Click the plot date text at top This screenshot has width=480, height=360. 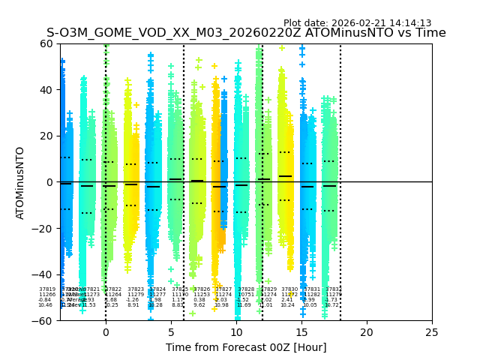click(x=357, y=23)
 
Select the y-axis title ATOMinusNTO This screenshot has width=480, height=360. click(x=20, y=182)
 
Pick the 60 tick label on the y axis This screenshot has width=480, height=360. click(x=46, y=43)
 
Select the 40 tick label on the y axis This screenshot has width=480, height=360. click(x=46, y=90)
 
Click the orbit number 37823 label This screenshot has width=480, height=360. click(x=136, y=289)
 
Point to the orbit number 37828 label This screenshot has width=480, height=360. click(x=246, y=289)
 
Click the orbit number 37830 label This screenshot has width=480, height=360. click(x=289, y=289)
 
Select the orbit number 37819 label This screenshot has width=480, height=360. click(x=47, y=289)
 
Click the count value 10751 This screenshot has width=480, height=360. click(x=246, y=295)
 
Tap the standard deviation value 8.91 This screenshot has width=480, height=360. click(x=133, y=305)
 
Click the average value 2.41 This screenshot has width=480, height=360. click(x=287, y=300)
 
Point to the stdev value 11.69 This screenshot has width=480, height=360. click(x=244, y=305)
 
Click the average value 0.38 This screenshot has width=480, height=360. click(x=199, y=300)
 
